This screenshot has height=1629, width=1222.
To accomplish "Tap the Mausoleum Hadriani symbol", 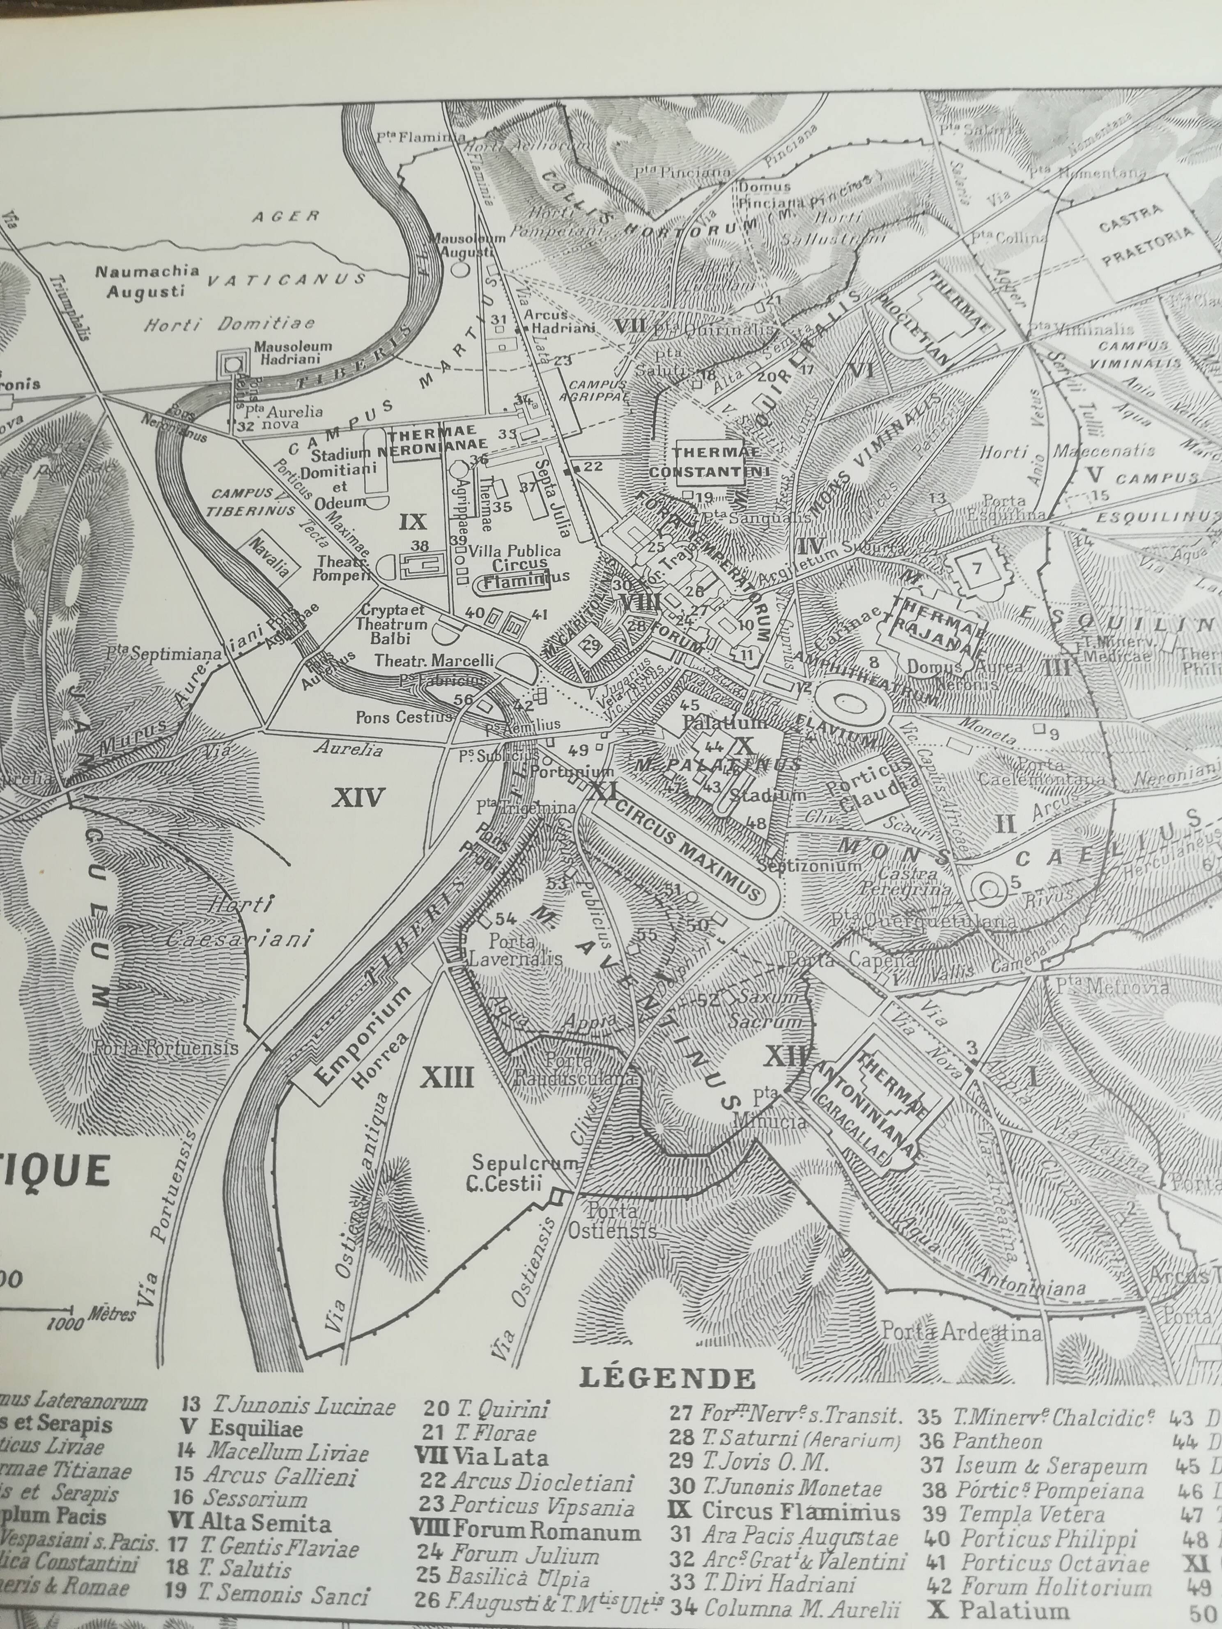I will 234,363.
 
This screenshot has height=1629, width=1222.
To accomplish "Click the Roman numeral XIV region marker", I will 358,797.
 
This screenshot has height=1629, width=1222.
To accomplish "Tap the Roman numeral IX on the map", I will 413,521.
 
